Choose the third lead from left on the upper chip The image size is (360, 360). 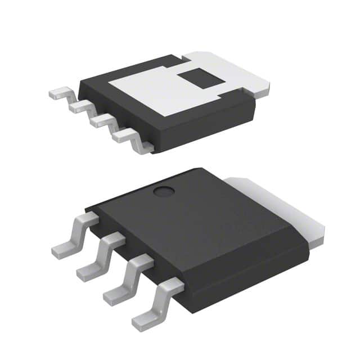[101, 120]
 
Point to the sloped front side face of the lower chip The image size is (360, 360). [242, 270]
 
